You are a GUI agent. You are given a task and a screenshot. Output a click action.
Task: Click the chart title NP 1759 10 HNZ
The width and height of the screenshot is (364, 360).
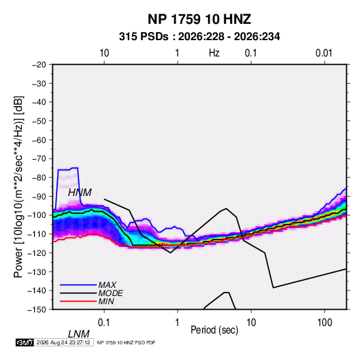tap(199, 19)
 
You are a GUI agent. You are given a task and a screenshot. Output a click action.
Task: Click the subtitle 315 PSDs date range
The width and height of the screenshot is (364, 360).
tap(199, 37)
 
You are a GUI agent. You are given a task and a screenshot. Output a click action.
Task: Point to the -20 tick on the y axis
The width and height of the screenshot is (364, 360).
tap(39, 65)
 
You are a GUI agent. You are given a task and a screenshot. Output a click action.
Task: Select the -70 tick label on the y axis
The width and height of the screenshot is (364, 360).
tap(39, 159)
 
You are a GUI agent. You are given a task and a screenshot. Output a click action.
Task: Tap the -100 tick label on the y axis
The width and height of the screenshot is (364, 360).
tap(37, 215)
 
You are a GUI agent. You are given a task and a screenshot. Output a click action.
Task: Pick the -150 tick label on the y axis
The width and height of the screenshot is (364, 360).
tap(37, 310)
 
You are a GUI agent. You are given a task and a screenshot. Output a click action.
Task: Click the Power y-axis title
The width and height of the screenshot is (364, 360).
tap(18, 187)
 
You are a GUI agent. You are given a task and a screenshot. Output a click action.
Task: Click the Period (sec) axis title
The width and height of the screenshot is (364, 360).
tap(214, 330)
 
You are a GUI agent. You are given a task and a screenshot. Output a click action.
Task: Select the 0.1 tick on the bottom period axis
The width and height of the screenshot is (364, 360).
tap(104, 323)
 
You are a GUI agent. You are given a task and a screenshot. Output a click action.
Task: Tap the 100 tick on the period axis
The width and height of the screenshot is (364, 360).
tap(325, 323)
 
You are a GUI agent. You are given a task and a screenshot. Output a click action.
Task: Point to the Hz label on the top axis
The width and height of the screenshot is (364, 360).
tap(214, 53)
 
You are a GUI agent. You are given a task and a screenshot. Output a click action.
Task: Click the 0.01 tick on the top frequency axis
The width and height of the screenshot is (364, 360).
tap(324, 53)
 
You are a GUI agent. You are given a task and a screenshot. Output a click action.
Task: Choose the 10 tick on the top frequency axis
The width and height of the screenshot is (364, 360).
tap(104, 53)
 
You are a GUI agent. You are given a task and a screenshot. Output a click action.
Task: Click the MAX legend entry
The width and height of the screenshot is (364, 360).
tap(107, 285)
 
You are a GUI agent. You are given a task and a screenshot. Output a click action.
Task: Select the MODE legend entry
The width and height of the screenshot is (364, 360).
tap(110, 293)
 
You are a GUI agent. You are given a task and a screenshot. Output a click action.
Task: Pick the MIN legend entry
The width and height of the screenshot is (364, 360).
tap(106, 301)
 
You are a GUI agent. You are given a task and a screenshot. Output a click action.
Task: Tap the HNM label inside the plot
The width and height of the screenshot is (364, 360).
tap(80, 193)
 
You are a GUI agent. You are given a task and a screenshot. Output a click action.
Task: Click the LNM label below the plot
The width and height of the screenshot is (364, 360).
tap(78, 334)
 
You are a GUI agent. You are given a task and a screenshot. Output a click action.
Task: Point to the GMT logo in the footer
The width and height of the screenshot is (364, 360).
tap(25, 342)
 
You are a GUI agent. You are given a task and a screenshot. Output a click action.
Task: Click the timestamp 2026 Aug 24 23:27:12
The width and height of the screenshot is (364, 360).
tap(63, 342)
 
